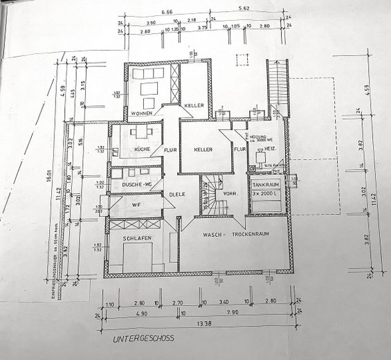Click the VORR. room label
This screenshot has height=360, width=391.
pyautogui.click(x=232, y=194)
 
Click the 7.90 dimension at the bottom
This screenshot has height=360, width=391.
pyautogui.click(x=230, y=312)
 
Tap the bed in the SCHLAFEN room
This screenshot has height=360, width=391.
pyautogui.click(x=139, y=258)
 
